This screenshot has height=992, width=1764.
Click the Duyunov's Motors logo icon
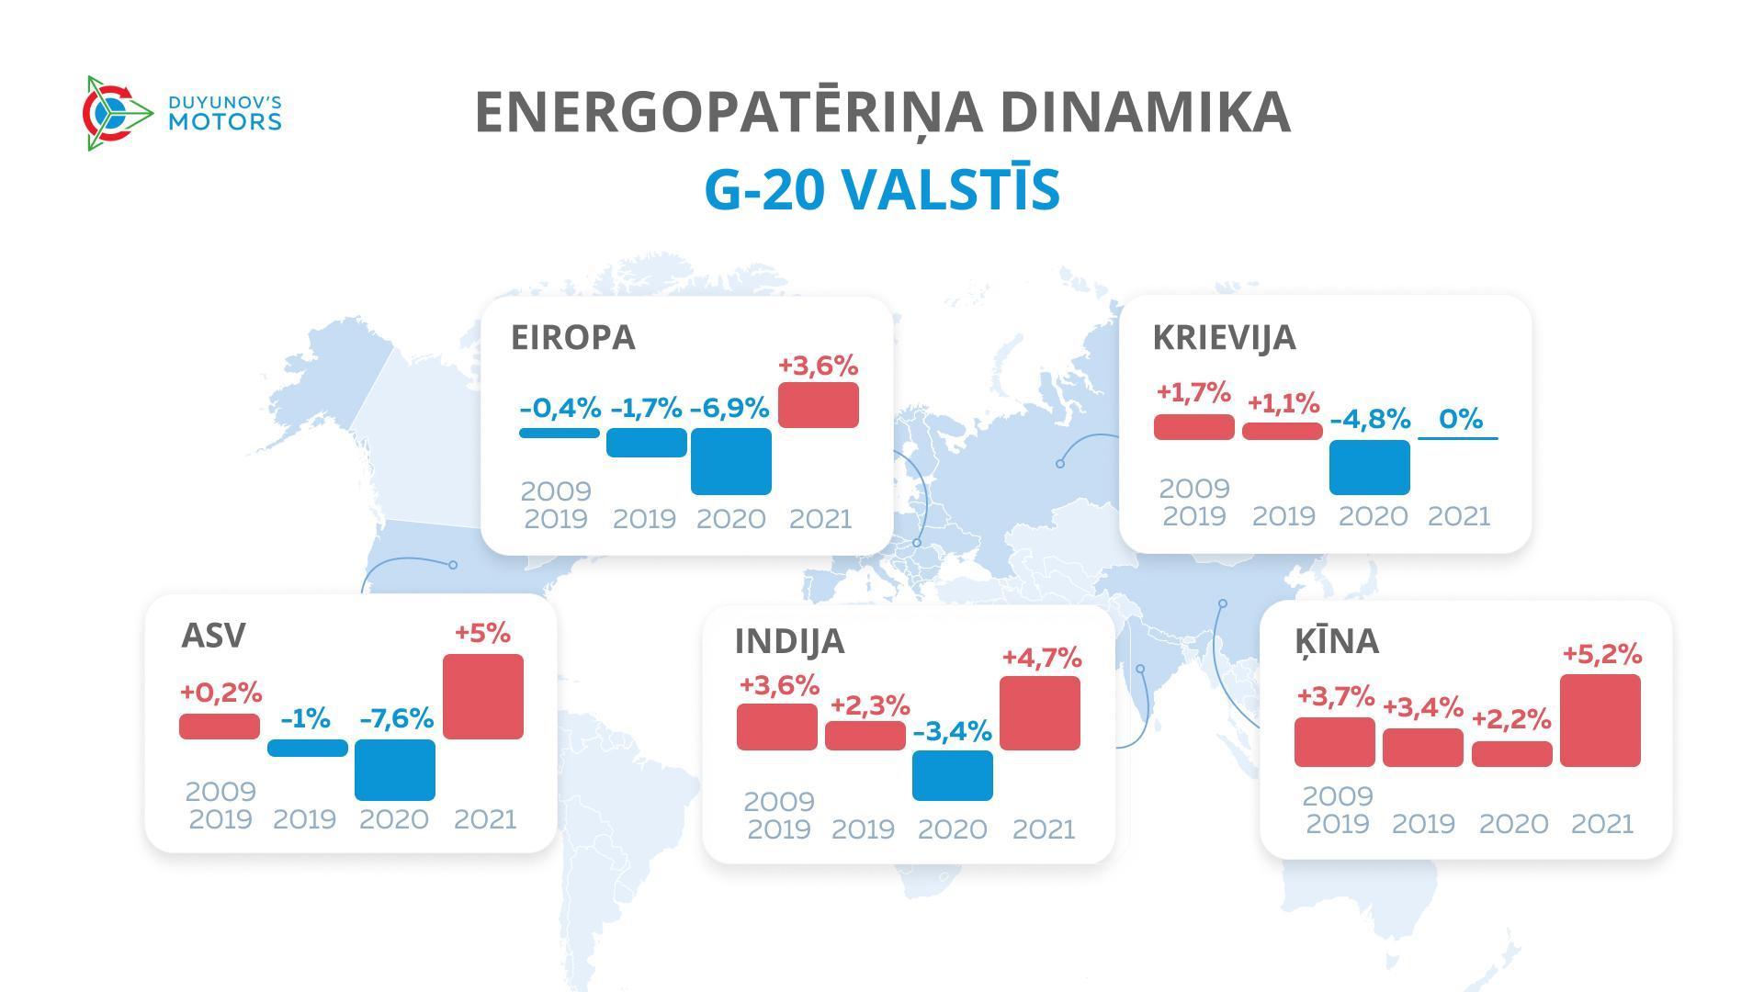point(116,113)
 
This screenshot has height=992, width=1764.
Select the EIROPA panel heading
point(572,337)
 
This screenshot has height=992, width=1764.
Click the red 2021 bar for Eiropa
point(818,405)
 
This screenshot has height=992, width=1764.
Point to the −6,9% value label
point(729,408)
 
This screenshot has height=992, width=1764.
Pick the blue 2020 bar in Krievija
point(1369,467)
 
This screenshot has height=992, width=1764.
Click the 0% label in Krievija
point(1460,419)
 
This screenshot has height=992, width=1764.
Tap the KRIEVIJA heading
point(1224,337)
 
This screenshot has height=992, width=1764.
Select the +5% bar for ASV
point(482,696)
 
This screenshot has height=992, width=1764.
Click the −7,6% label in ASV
point(396,718)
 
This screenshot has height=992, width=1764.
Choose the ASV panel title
point(213,635)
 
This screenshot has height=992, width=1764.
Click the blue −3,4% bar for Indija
point(952,775)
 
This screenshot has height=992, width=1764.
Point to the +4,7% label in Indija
point(1041,658)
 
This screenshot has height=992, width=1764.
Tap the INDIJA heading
point(789,641)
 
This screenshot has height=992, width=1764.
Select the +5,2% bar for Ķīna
point(1600,720)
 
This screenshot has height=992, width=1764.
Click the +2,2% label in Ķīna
point(1511,718)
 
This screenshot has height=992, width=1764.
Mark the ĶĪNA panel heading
point(1337,640)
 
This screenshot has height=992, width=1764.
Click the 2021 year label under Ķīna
point(1601,823)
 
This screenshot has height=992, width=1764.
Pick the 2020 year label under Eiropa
point(730,519)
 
